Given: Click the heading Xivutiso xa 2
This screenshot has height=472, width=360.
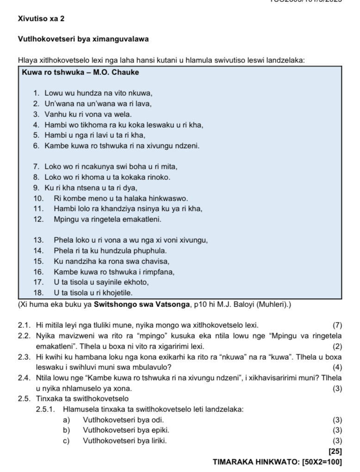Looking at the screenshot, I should pos(41,19).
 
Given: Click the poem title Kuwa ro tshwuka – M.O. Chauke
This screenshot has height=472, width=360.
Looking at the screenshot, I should pos(80,73).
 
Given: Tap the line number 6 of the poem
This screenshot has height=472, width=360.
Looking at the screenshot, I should pos(36,146).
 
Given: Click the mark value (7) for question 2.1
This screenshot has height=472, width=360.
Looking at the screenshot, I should pos(337,325).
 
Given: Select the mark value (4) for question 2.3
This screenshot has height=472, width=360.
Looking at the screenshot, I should pos(337,367).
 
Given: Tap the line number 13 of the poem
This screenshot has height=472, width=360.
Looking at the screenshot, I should pos(38,240).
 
